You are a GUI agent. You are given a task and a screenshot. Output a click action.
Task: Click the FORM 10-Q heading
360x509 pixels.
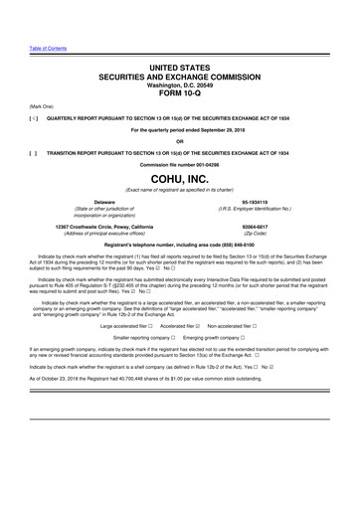click(x=179, y=95)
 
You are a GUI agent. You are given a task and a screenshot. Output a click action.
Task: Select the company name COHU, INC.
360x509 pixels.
click(x=179, y=178)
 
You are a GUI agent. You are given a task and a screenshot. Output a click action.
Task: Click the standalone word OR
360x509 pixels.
click(x=179, y=140)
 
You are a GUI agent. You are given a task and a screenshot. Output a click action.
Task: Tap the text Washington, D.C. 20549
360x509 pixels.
click(x=179, y=85)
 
